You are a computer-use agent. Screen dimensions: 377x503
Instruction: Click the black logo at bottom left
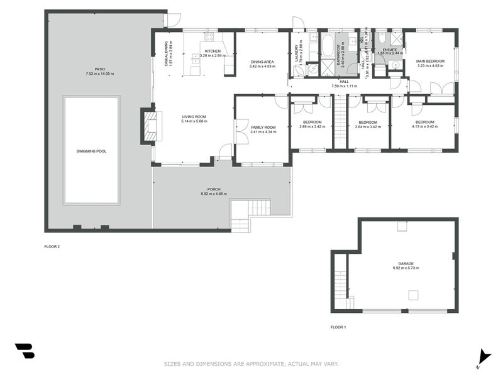pyautogui.click(x=25, y=351)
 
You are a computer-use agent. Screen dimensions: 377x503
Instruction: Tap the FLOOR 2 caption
pyautogui.click(x=52, y=246)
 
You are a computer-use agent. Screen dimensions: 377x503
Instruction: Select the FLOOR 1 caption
pyautogui.click(x=338, y=327)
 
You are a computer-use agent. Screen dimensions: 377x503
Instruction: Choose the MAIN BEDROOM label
pyautogui.click(x=430, y=61)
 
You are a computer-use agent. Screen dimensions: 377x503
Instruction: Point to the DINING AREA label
pyautogui.click(x=262, y=61)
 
